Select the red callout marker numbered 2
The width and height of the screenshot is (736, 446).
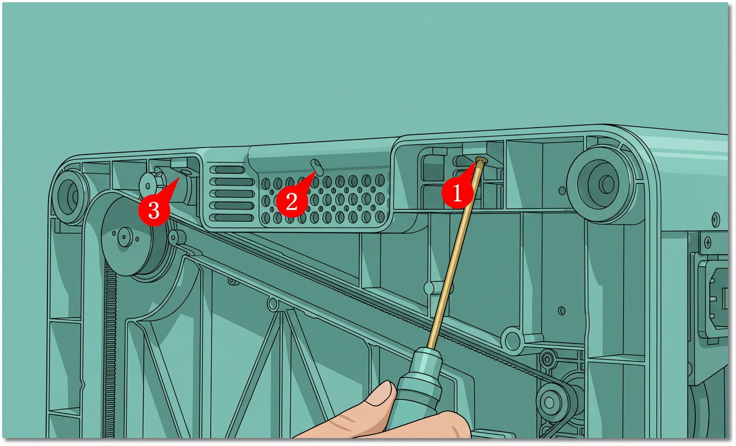292,201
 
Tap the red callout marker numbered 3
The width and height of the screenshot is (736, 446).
154,210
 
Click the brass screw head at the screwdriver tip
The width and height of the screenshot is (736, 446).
481,161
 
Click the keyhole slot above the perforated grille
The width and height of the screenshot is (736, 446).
318,167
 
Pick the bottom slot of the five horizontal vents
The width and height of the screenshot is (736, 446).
232,217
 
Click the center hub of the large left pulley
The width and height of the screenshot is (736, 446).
125,236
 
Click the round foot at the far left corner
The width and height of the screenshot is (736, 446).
70,197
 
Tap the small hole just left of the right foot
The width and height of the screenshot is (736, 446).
562,190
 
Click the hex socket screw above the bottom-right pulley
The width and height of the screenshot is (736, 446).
547,359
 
